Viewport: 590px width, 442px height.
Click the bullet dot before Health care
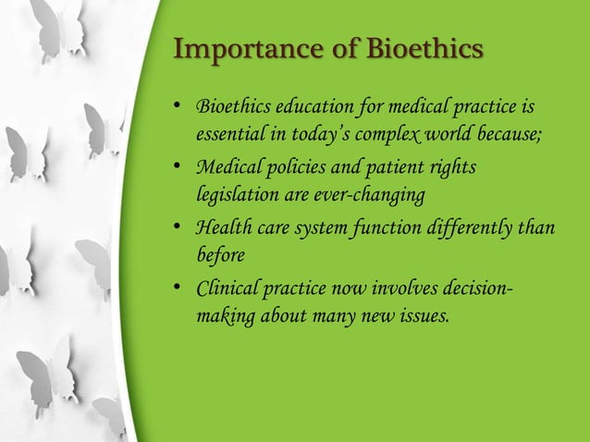click(x=179, y=228)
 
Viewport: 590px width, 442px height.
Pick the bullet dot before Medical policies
click(x=179, y=168)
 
